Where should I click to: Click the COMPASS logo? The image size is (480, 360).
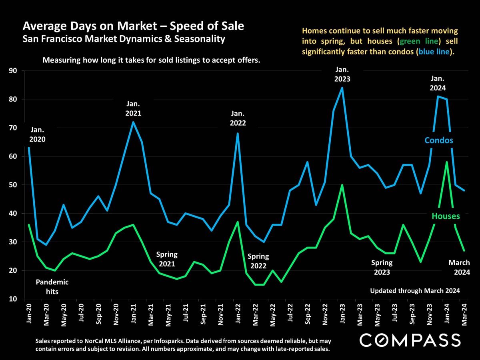[x=410, y=340]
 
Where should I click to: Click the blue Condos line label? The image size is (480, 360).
[x=439, y=140]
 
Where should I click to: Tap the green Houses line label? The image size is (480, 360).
[x=446, y=216]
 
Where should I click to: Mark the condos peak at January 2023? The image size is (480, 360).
[x=342, y=88]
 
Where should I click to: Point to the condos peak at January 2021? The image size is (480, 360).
[x=133, y=122]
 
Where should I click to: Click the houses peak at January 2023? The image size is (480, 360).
[x=342, y=185]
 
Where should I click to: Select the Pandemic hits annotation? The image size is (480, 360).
[x=52, y=287]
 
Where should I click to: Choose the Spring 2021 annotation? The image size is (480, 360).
[x=167, y=259]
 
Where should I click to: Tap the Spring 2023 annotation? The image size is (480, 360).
[x=382, y=268]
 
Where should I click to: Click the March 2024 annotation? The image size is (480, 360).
[x=459, y=268]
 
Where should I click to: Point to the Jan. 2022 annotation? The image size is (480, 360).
[x=238, y=118]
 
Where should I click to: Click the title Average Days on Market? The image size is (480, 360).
[x=133, y=26]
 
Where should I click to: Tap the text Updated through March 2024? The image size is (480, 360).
[x=415, y=291]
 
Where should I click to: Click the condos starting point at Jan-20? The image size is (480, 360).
[x=28, y=148]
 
